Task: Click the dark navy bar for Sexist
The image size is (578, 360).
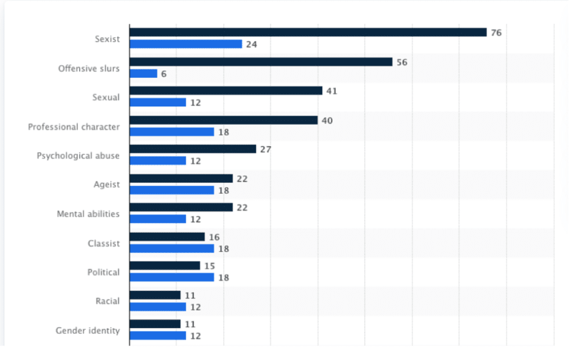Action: (308, 33)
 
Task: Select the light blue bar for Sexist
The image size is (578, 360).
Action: (186, 44)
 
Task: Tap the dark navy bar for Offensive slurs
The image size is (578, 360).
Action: (261, 62)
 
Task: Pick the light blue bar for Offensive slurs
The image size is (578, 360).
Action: (143, 74)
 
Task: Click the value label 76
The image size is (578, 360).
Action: (496, 33)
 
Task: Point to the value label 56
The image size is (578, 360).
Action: (402, 62)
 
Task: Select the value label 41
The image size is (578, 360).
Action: (331, 91)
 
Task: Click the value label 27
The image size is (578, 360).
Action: (265, 149)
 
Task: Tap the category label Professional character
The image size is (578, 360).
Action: (74, 127)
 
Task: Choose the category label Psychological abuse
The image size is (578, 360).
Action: (78, 156)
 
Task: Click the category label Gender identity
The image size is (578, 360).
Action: (88, 330)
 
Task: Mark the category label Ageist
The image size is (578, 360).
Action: (107, 185)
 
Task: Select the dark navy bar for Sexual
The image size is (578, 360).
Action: (226, 91)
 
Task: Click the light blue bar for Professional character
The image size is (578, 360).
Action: (172, 132)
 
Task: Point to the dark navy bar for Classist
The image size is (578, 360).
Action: (167, 237)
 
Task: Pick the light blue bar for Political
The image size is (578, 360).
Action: (172, 278)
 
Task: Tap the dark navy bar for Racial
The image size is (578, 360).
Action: (155, 295)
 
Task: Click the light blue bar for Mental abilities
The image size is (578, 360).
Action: (158, 219)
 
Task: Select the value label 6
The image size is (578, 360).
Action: (164, 74)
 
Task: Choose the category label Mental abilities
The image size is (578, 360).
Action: (88, 214)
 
